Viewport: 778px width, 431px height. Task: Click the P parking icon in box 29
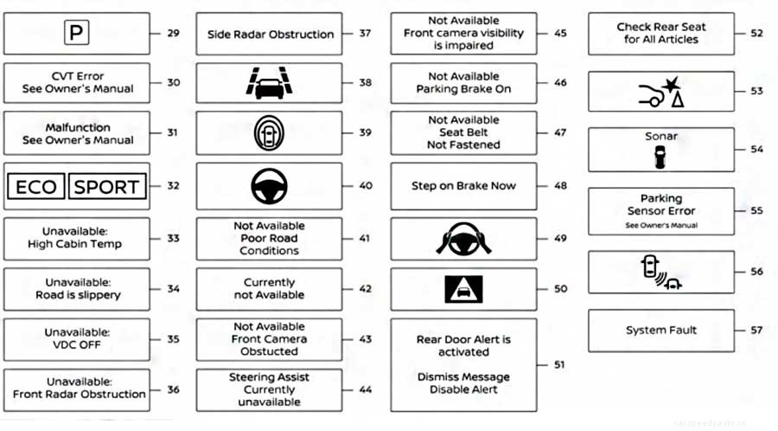coord(77,34)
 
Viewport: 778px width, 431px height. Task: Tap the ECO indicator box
coord(36,187)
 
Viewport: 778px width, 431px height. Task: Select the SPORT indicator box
coord(106,187)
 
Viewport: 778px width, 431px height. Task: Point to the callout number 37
coord(365,35)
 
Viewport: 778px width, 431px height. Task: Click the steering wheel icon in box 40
coord(269,186)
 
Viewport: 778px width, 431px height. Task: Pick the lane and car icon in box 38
coord(269,83)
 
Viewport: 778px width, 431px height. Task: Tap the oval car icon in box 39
coord(269,133)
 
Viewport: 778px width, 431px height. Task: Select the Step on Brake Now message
coord(463,186)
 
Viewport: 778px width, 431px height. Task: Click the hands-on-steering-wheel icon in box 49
coord(463,238)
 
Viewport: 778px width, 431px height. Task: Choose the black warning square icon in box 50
coord(463,289)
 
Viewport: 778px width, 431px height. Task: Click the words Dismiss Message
coord(463,377)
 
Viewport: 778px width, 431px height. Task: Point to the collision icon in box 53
coord(660,90)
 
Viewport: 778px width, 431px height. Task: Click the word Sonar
coord(660,137)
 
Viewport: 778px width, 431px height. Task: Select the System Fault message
coord(660,331)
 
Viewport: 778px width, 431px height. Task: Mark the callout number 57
coord(756,331)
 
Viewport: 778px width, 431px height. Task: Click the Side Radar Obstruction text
coord(270,35)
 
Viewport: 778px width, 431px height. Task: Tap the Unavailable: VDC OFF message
coord(77,339)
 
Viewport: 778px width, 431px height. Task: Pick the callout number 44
coord(365,390)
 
